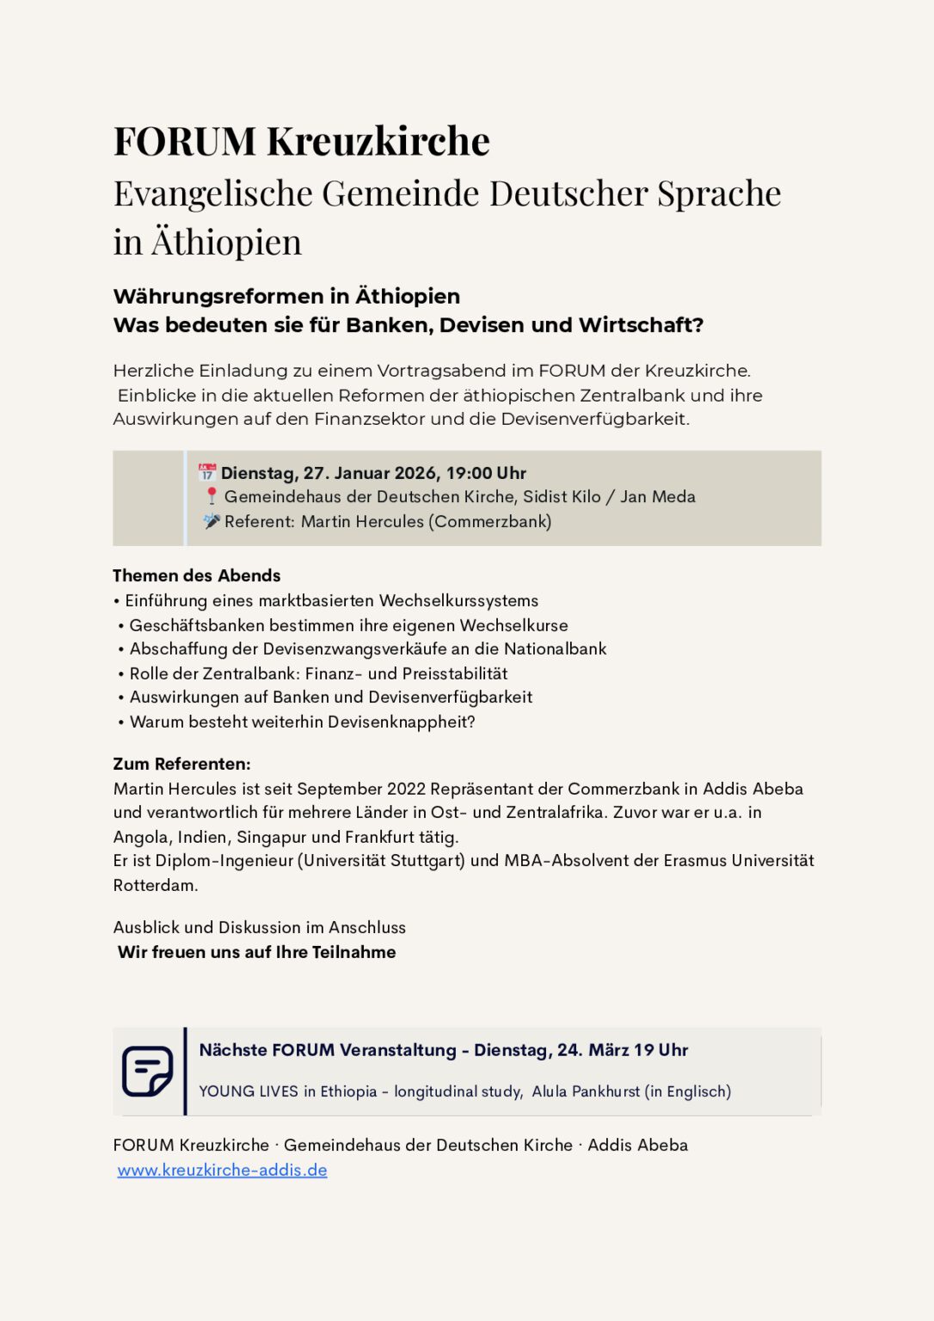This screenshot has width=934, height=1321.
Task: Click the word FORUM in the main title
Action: coord(185,141)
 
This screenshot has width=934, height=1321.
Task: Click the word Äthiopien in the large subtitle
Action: coord(227,243)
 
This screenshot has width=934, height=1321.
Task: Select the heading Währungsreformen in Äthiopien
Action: coord(286,297)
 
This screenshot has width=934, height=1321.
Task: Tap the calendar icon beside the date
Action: coord(207,472)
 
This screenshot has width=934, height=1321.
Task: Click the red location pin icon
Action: coord(212,496)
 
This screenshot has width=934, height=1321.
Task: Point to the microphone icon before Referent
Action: coord(212,520)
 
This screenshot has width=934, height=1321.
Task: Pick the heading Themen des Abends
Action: coord(197,575)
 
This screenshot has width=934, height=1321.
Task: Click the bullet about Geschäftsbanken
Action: coord(348,625)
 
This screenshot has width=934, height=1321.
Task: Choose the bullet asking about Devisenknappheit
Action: coord(302,722)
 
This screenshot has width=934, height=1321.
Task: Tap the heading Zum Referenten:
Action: coord(181,764)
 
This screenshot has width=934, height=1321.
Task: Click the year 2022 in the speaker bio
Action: coord(406,789)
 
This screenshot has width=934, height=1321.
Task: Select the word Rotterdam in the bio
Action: coord(155,885)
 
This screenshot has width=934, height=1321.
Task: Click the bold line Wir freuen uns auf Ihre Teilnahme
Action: coord(256,952)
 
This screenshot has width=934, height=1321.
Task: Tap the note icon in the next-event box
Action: coord(147,1071)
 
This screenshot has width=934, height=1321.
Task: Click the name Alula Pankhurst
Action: coord(586,1091)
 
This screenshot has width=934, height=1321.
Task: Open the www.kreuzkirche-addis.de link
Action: coord(222,1170)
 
